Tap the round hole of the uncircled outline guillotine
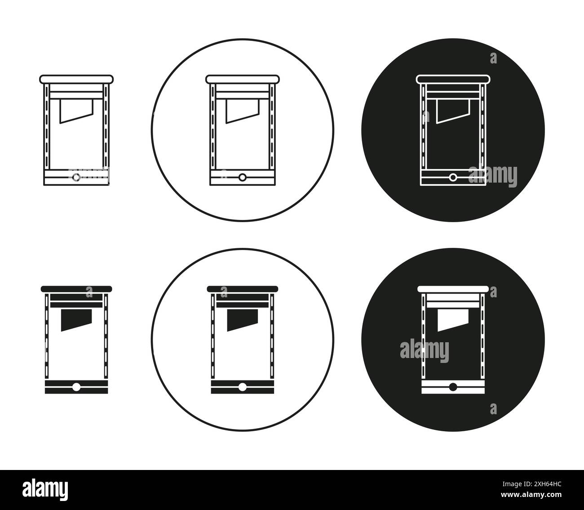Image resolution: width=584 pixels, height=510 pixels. coord(76,178)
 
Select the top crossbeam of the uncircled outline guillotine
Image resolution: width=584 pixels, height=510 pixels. coord(76,79)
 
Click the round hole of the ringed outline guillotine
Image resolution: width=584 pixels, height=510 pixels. coord(242,178)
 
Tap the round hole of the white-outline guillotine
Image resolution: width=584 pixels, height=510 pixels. coord(453,178)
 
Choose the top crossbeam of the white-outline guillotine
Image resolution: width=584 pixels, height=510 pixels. coord(453,79)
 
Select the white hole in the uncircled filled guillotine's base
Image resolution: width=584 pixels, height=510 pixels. coord(76,387)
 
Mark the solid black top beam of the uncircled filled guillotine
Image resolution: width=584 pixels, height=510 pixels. coord(76,289)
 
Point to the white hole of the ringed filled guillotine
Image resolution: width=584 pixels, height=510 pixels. coord(242,387)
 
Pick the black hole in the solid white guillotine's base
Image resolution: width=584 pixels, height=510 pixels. coord(453,387)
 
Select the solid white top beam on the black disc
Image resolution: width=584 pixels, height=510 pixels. coord(453,289)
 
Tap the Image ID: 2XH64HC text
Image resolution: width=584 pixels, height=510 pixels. coord(532,484)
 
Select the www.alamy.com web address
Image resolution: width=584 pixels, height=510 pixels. coord(531,494)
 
